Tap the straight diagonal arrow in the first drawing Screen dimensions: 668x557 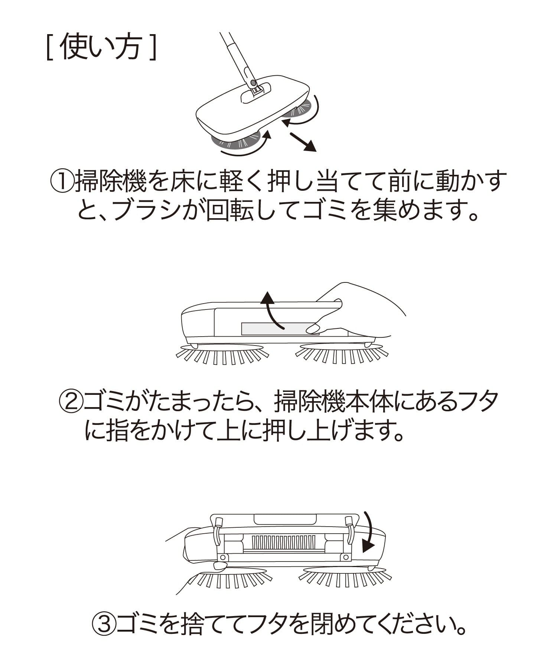(x=303, y=142)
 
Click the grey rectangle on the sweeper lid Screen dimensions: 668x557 (x=280, y=328)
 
